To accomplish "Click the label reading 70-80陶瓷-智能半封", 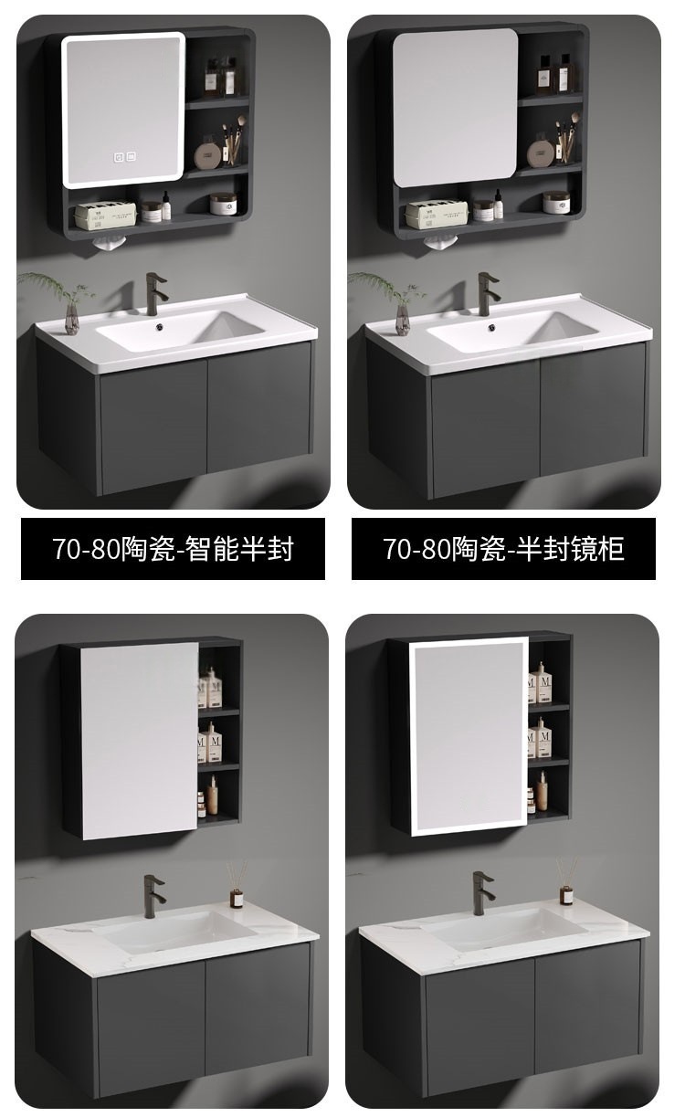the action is [x=173, y=549].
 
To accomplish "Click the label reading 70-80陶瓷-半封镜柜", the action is [x=503, y=549].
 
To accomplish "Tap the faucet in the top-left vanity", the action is [x=154, y=294].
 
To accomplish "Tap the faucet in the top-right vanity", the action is [x=486, y=294].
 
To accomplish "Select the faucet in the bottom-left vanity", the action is [x=153, y=896].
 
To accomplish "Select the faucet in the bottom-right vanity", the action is [x=482, y=892].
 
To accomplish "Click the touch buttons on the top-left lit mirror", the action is [x=124, y=156].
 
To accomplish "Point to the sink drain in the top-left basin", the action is [x=160, y=327].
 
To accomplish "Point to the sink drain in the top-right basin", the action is [x=491, y=327].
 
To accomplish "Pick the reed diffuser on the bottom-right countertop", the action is [x=566, y=880].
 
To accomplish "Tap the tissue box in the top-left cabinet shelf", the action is [x=105, y=215].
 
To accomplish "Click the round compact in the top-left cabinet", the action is [x=207, y=156].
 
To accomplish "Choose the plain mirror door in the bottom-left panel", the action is [x=139, y=741].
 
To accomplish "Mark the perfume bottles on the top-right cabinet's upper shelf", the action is [x=555, y=74].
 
